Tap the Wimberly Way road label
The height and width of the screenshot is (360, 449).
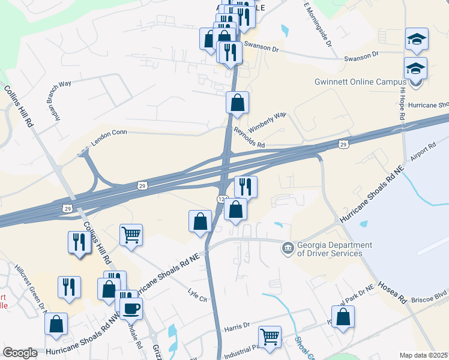(268, 121)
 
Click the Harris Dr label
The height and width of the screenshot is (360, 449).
(237, 326)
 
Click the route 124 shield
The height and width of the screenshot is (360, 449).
(221, 198)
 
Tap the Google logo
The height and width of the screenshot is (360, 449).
(20, 353)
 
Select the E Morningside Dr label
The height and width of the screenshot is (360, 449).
(318, 23)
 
